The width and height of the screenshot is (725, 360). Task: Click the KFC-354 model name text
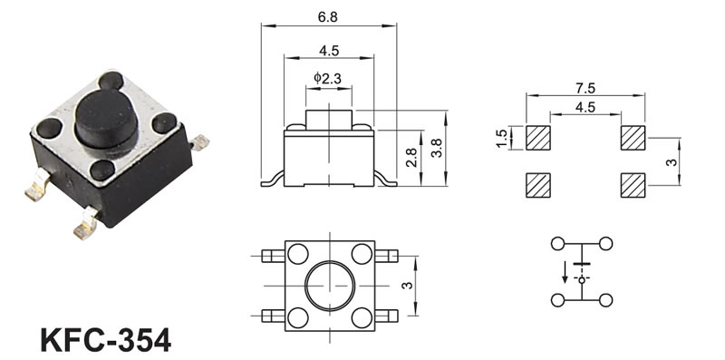click(x=106, y=340)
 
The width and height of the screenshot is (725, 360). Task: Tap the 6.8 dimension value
click(x=328, y=16)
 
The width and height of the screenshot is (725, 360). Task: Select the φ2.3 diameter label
click(x=327, y=78)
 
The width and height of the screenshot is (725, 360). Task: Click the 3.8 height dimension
click(x=436, y=148)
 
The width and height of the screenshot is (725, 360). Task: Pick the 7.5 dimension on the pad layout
click(x=585, y=87)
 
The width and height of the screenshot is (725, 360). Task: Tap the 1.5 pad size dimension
click(x=501, y=139)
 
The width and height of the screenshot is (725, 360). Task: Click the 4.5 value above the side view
click(x=329, y=51)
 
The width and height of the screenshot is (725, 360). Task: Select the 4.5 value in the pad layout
click(x=585, y=107)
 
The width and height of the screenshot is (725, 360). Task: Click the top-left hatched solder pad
click(x=538, y=138)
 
